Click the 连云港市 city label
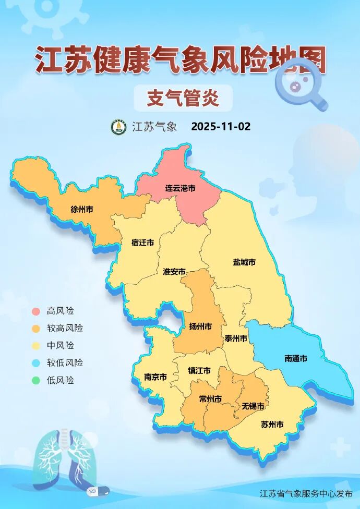[x=181, y=188]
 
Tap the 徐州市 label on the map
[x=82, y=209]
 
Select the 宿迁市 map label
[x=142, y=243]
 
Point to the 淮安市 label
[x=174, y=272]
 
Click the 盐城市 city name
[x=244, y=262]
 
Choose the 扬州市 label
[x=200, y=326]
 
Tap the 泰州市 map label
[x=236, y=338]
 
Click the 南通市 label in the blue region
[x=296, y=358]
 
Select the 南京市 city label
[x=155, y=377]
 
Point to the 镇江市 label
[x=199, y=371]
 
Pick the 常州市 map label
[x=210, y=399]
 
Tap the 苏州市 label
[x=272, y=425]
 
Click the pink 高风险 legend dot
[x=35, y=311]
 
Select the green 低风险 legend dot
[x=35, y=380]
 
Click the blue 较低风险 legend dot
[x=35, y=363]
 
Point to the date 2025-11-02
[x=221, y=127]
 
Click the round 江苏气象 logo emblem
[x=118, y=127]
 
